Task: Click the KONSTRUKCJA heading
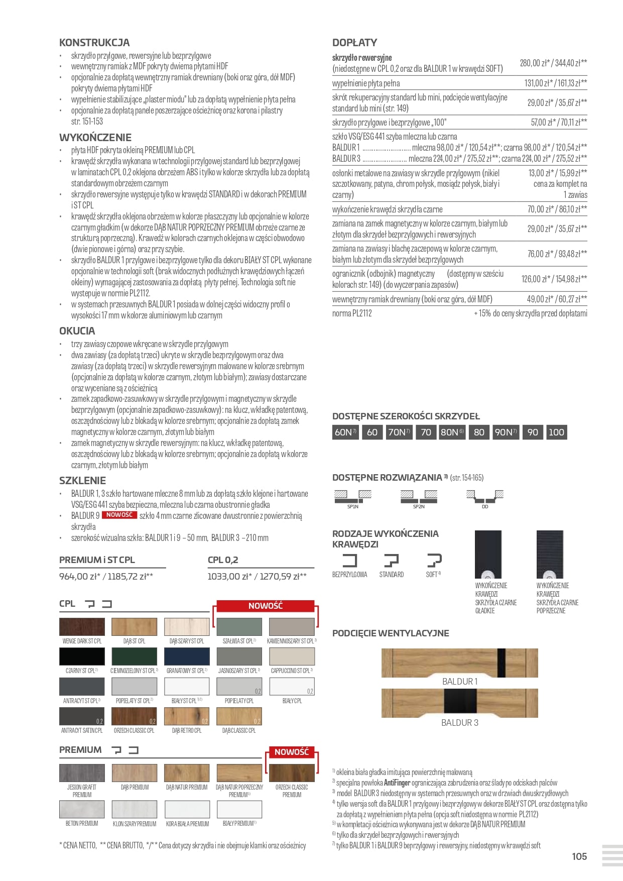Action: click(x=94, y=43)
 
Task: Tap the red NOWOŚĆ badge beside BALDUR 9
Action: click(x=119, y=515)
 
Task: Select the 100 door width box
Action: click(x=556, y=432)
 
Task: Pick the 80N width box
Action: click(x=452, y=432)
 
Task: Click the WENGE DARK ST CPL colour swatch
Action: click(x=82, y=627)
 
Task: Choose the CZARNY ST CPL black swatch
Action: click(x=82, y=656)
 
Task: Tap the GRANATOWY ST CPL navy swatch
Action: click(x=187, y=656)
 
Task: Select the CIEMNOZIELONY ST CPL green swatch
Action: click(x=134, y=656)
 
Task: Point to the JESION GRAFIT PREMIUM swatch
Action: click(x=82, y=773)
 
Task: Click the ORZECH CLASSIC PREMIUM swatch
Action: click(x=292, y=773)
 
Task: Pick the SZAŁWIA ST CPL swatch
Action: click(x=239, y=627)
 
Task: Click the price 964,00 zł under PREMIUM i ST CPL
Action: click(x=80, y=577)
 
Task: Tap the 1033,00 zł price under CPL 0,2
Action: click(x=229, y=577)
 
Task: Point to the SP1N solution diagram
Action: click(x=353, y=497)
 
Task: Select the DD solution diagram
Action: click(x=484, y=497)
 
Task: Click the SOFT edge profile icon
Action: click(x=434, y=560)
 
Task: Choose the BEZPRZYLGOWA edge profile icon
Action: click(x=349, y=560)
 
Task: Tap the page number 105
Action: click(x=579, y=856)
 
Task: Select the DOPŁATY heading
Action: click(x=354, y=43)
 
